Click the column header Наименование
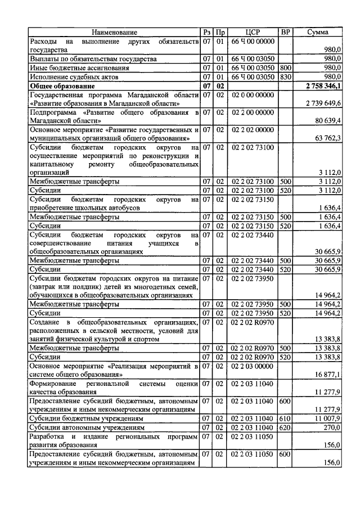coord(115,32)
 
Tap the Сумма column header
coord(317,32)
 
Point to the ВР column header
coord(285,32)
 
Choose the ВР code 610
coord(285,418)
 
